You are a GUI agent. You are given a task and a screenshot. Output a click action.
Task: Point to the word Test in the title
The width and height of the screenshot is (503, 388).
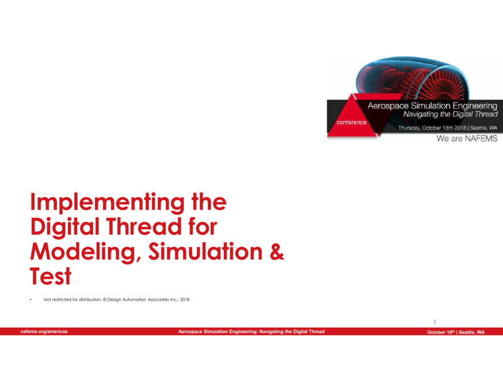click(51, 277)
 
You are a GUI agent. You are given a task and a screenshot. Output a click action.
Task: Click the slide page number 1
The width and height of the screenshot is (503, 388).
click(435, 321)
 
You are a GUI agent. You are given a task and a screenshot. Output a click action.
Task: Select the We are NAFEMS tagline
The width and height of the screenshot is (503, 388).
click(467, 139)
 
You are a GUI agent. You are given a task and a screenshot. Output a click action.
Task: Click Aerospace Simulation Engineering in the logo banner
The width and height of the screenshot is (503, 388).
click(432, 106)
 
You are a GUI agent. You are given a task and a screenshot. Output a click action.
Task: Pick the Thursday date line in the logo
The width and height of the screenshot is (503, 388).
click(448, 127)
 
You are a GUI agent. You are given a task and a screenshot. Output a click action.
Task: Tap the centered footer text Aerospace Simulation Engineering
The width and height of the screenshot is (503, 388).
click(251, 332)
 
